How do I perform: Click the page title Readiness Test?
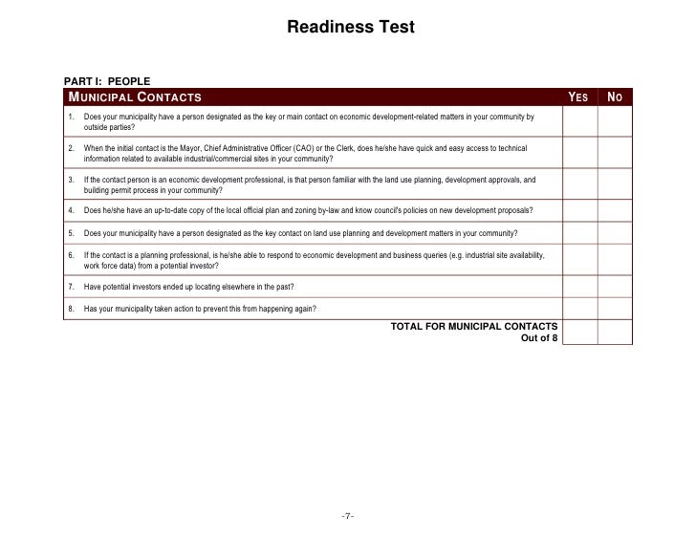350,28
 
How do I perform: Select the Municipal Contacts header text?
134,97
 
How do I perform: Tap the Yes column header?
578,97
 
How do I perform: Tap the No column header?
615,97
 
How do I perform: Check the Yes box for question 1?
579,121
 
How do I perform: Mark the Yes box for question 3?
579,184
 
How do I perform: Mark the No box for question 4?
615,210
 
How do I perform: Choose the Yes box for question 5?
579,233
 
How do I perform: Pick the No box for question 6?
615,260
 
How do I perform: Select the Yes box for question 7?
579,287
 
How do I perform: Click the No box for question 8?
615,309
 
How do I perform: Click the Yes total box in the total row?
579,331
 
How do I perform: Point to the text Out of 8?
539,337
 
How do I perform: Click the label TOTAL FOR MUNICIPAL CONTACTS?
474,326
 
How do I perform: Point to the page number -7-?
348,517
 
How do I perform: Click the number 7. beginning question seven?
72,287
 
